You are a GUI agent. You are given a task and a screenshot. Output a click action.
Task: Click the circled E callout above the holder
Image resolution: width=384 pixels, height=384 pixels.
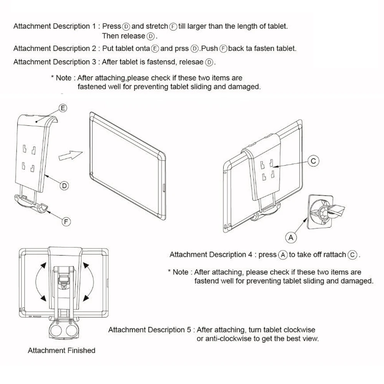(x=63, y=108)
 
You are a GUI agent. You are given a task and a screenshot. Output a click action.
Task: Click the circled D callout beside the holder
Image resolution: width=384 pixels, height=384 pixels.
(x=64, y=186)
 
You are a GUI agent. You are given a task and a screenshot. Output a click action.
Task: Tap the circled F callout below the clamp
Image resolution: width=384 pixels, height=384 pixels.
(x=66, y=222)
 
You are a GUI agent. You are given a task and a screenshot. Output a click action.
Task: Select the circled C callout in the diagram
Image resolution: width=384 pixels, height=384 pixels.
(x=313, y=161)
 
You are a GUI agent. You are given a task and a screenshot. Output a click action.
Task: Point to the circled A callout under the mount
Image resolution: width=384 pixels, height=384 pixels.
(x=291, y=237)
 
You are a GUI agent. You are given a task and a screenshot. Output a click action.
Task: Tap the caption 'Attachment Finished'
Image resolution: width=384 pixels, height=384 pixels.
(x=61, y=351)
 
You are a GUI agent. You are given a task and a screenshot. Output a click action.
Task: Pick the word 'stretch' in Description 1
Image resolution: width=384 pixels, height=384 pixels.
(x=157, y=26)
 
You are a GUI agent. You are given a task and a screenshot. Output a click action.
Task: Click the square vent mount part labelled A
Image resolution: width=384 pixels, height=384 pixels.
(x=320, y=212)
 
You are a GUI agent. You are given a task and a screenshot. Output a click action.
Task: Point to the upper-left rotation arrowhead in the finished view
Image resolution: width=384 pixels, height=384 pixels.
(x=43, y=266)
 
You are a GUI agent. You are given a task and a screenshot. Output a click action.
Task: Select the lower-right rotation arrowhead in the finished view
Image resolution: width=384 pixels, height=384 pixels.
(x=86, y=298)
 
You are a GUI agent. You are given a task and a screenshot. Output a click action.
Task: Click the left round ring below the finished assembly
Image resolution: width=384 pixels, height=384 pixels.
(x=56, y=331)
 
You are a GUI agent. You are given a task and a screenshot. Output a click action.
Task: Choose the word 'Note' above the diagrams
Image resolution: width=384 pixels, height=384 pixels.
(x=64, y=78)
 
